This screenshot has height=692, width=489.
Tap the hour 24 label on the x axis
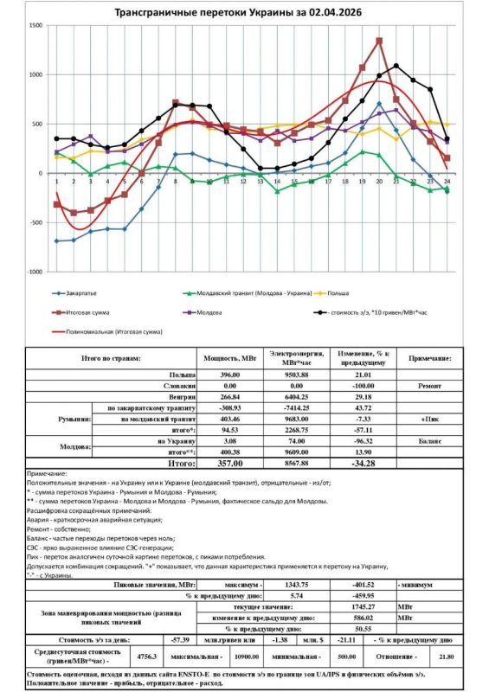tap(447, 181)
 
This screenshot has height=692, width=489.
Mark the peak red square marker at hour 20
tap(379, 41)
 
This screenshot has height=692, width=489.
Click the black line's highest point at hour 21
tap(396, 66)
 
